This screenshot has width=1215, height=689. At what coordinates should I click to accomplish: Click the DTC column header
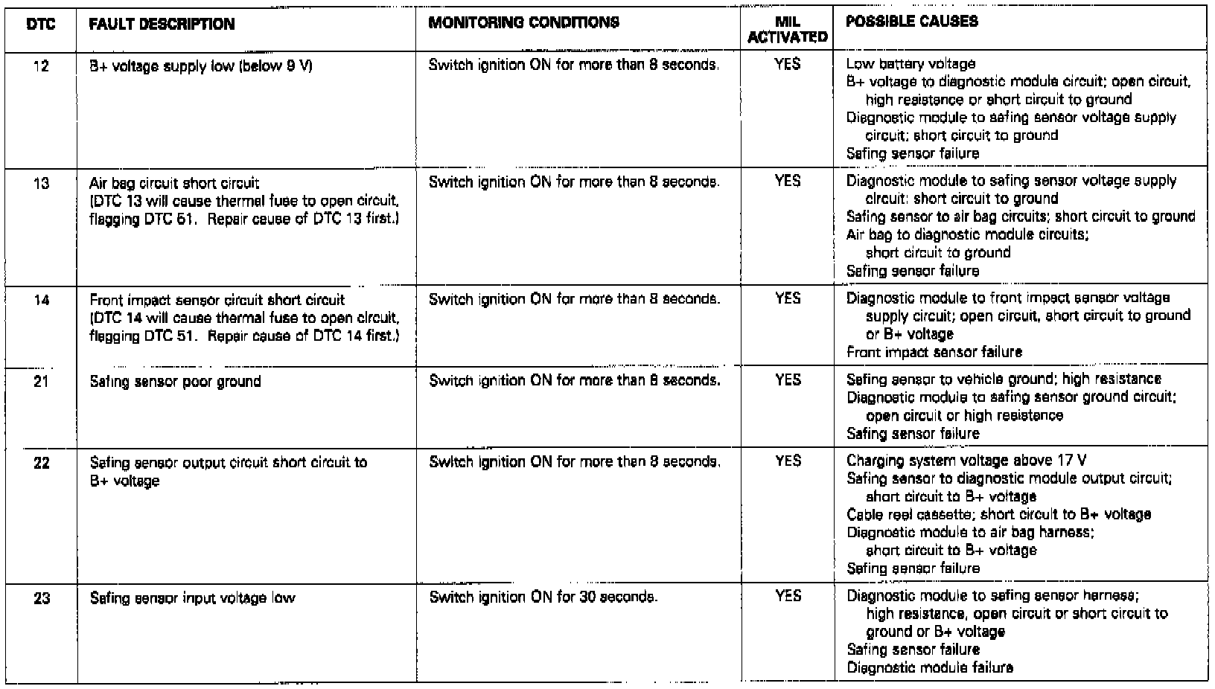click(x=40, y=25)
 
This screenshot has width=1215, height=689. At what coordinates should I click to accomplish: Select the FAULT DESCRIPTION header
click(x=162, y=25)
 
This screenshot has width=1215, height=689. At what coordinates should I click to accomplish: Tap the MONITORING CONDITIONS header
click(x=523, y=22)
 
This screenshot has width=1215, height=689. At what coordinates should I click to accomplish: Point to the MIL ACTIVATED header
click(x=787, y=30)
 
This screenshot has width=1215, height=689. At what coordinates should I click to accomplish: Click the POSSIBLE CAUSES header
click(x=911, y=22)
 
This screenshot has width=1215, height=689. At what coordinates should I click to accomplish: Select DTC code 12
click(x=41, y=66)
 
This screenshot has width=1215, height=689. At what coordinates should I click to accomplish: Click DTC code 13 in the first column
click(x=41, y=183)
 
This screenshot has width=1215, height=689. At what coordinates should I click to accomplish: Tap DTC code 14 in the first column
click(x=41, y=301)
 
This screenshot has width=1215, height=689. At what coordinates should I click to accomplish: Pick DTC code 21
click(x=41, y=382)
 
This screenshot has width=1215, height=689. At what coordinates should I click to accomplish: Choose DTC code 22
click(x=41, y=463)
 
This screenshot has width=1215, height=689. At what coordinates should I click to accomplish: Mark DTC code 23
click(x=42, y=597)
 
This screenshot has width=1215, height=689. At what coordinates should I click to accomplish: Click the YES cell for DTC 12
click(x=787, y=65)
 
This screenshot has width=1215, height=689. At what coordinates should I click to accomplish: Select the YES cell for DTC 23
click(x=788, y=596)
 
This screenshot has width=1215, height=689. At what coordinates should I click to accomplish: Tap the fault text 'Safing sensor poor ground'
click(x=175, y=382)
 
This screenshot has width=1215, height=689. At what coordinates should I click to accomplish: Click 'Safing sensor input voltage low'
click(x=192, y=597)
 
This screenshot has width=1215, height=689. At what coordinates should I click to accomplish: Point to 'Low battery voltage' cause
click(x=911, y=64)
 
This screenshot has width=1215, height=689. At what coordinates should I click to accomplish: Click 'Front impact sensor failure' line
click(x=934, y=352)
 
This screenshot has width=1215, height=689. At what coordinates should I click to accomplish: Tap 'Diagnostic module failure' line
click(x=930, y=667)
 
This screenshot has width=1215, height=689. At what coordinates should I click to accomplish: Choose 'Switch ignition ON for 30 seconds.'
click(x=543, y=597)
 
